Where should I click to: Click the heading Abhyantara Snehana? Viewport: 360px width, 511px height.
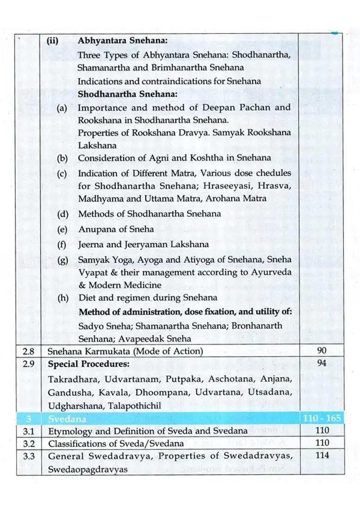click(122, 40)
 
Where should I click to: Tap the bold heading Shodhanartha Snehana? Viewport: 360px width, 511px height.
click(127, 94)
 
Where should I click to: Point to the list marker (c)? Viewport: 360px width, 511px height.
click(62, 174)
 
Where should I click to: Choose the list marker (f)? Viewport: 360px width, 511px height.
click(62, 245)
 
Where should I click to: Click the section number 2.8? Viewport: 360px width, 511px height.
click(29, 351)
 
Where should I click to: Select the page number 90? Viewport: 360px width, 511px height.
click(322, 351)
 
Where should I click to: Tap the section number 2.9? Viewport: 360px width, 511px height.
click(29, 363)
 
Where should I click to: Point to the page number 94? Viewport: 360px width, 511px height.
click(322, 363)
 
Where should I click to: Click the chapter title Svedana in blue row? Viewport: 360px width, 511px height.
click(67, 419)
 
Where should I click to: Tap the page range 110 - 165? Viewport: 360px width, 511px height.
click(322, 419)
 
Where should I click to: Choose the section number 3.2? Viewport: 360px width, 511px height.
click(29, 444)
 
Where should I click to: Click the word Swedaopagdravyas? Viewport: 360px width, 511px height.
click(88, 469)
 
